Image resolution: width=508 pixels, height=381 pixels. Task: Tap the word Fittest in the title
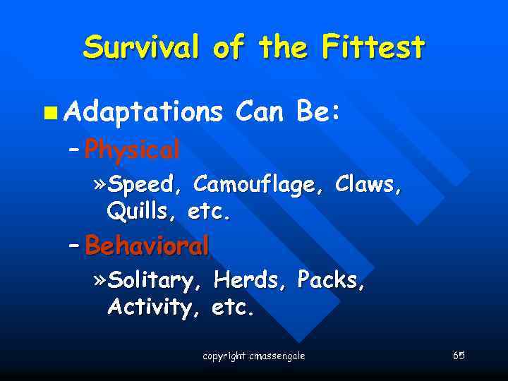pyautogui.click(x=373, y=48)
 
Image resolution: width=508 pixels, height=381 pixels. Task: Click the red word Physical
pyautogui.click(x=131, y=149)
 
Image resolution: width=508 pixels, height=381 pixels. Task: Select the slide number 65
pyautogui.click(x=459, y=355)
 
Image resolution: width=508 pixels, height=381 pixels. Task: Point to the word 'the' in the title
pyautogui.click(x=283, y=48)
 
